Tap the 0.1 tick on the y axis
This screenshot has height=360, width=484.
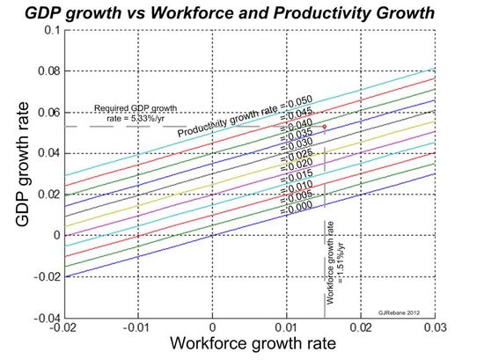coord(52,30)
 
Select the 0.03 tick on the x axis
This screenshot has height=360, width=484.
coord(433,327)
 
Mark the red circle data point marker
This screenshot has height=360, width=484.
coord(324,126)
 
